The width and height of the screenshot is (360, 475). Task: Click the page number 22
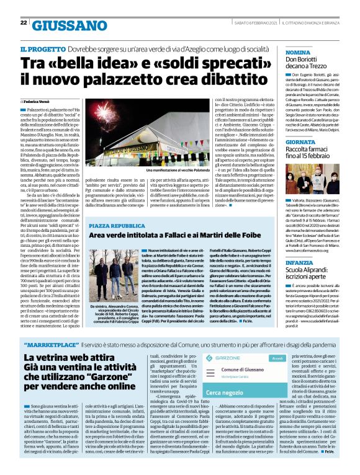[x=24, y=23]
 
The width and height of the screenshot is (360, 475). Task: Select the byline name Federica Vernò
[x=38, y=100]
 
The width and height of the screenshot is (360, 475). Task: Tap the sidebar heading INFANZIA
[x=300, y=263]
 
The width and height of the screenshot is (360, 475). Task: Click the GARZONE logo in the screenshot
[x=225, y=358]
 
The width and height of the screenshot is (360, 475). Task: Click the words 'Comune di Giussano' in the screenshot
[x=237, y=386]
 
